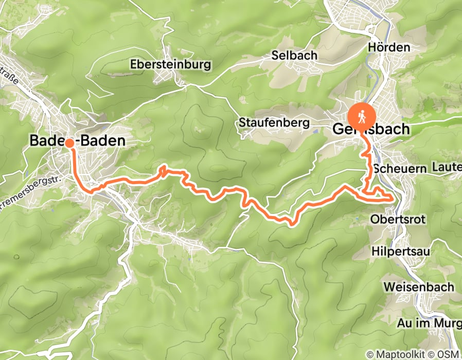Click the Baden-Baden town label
pos(77,140)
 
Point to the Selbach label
pos(295,55)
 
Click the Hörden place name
pos(389,47)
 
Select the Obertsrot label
pos(398,220)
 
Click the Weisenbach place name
pos(419,287)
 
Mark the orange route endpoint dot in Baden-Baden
pos(69,143)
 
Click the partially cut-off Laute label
pos(447,167)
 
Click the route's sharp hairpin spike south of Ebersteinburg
pos(163,168)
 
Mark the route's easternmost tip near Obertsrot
pos(393,197)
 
